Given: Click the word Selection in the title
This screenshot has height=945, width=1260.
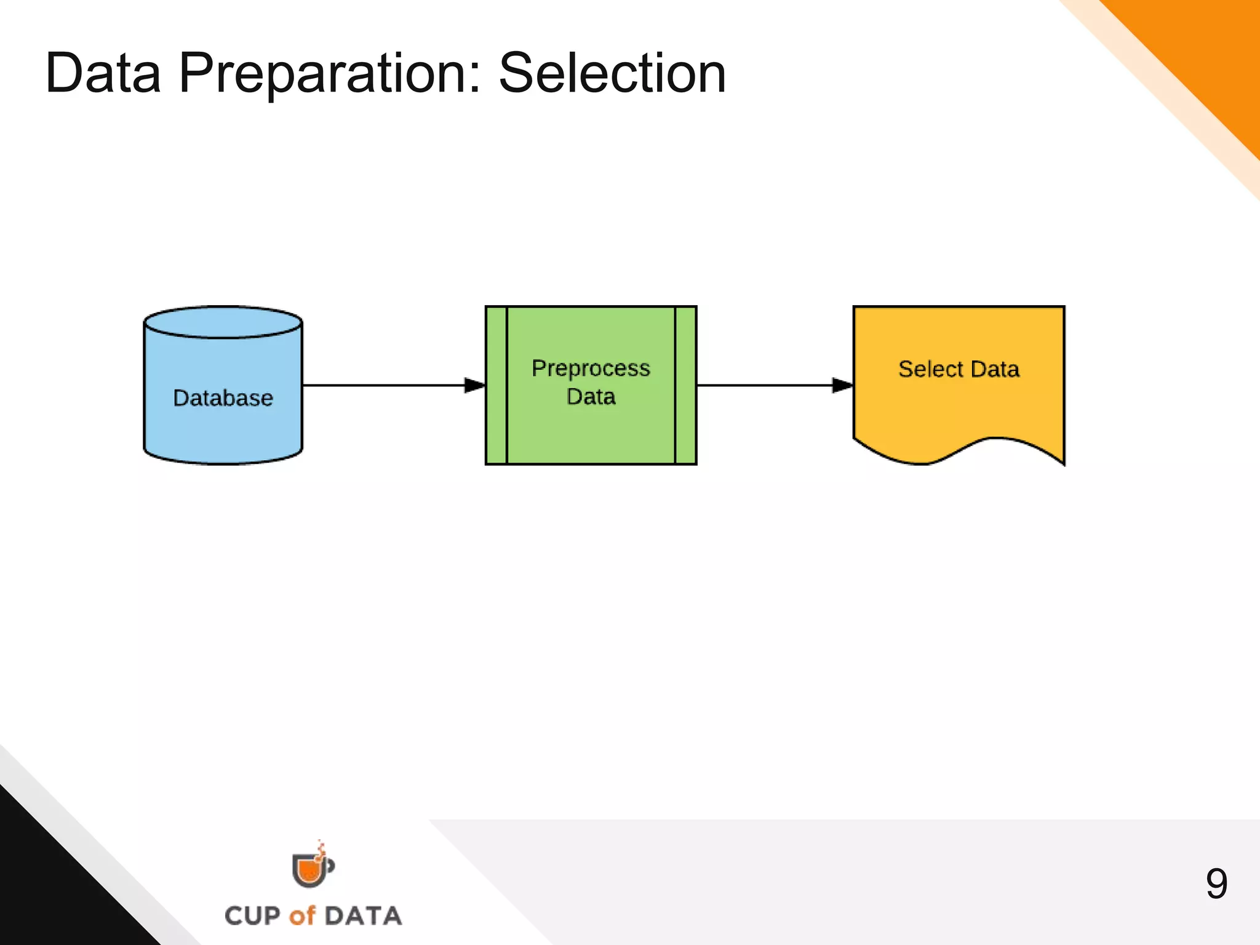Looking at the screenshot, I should (612, 74).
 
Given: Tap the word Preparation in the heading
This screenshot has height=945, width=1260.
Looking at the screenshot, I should (329, 74).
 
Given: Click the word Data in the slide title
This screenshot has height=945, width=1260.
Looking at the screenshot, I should (103, 74).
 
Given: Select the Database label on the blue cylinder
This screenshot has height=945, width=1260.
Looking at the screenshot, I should (223, 398).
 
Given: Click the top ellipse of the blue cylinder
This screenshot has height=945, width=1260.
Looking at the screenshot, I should (223, 322).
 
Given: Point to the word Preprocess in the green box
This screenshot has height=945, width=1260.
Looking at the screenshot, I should (591, 369).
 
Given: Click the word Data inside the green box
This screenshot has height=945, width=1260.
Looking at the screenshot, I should (591, 397).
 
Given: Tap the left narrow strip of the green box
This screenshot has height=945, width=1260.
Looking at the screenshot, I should (496, 385).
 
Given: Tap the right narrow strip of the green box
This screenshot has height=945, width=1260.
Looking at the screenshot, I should (685, 385).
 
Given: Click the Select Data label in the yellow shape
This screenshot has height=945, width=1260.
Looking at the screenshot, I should (959, 369).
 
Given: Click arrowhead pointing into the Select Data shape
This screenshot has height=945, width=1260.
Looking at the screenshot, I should (842, 385).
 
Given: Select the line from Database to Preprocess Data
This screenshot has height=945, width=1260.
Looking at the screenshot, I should (381, 385).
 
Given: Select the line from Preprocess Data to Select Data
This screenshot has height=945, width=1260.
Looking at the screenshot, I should (763, 385).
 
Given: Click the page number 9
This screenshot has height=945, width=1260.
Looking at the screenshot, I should (1216, 884).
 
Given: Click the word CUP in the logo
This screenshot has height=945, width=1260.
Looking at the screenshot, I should (253, 916).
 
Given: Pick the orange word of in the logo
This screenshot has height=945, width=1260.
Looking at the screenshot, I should (302, 916).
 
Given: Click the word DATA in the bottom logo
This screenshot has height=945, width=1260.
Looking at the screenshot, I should (363, 916).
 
